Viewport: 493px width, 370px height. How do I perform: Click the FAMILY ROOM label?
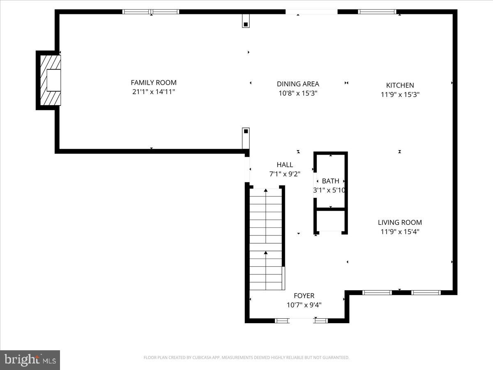click(154, 83)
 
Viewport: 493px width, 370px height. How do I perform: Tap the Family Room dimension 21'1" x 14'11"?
click(154, 92)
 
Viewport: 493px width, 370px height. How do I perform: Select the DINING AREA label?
click(298, 84)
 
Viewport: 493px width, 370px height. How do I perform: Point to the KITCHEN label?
click(400, 85)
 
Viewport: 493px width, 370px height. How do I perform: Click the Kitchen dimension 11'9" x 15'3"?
click(400, 94)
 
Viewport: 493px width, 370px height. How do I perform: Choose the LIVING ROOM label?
click(400, 222)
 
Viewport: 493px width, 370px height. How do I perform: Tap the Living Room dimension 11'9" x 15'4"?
click(400, 231)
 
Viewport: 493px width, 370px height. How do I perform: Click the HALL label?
click(285, 165)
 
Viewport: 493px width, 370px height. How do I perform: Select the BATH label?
click(330, 181)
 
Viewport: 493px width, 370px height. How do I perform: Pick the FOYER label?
click(304, 296)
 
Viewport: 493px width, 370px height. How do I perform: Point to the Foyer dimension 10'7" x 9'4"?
click(304, 305)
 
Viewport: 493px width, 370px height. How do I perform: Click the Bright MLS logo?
click(30, 360)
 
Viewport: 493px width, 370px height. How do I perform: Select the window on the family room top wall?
click(151, 12)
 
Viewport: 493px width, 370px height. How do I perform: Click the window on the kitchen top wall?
click(377, 12)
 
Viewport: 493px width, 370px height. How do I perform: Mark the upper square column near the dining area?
click(246, 22)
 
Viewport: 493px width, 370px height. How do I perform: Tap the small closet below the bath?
click(331, 221)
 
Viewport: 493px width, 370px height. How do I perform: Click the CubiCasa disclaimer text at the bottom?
click(246, 358)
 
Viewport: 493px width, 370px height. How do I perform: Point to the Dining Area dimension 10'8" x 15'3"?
click(298, 93)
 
